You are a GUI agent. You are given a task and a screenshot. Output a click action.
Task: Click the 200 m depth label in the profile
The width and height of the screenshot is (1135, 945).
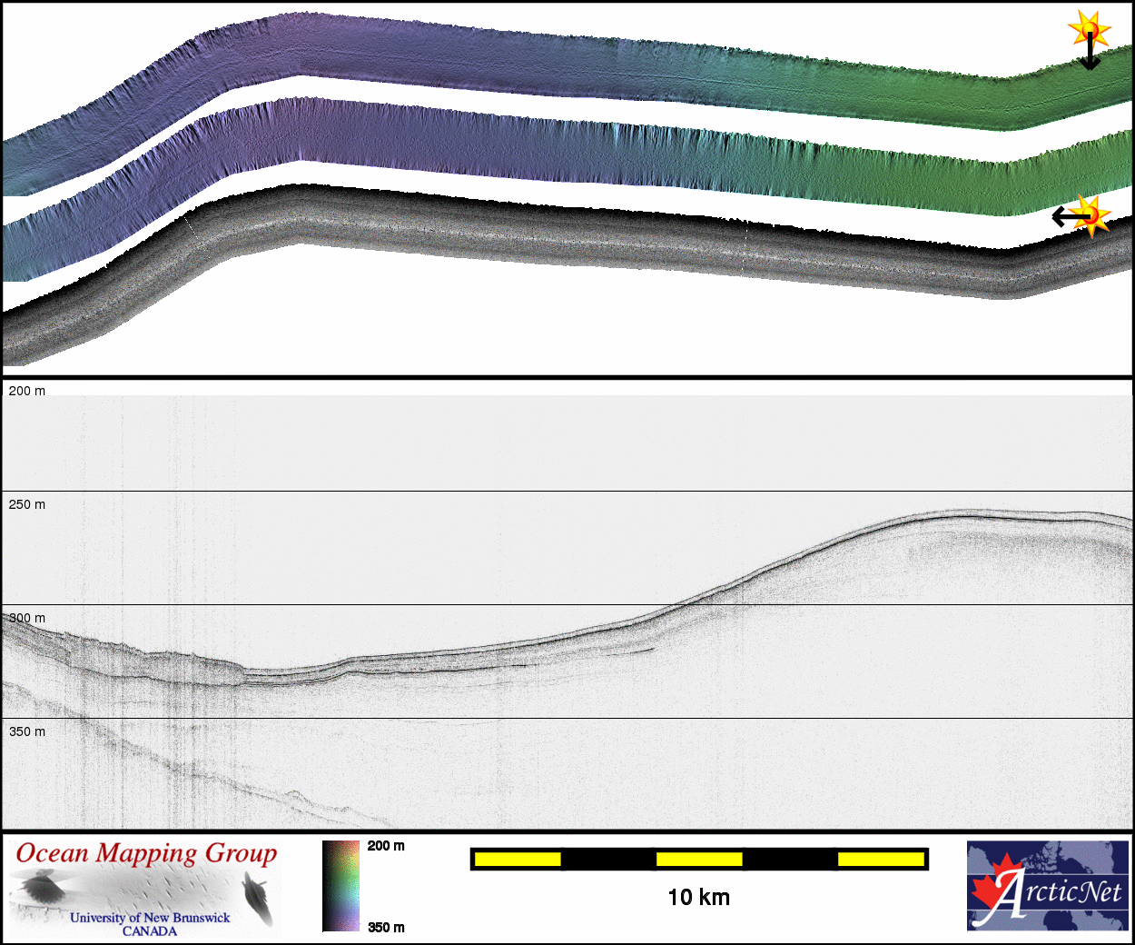tap(26, 391)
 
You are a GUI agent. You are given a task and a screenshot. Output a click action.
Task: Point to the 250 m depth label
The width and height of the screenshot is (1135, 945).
tap(26, 504)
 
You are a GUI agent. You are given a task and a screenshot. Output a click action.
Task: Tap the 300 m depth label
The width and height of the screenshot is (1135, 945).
tap(26, 618)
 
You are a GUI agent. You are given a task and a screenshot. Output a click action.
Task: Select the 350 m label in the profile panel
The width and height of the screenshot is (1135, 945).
tap(26, 731)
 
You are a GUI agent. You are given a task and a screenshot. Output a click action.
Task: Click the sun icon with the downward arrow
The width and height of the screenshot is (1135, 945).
tap(1089, 30)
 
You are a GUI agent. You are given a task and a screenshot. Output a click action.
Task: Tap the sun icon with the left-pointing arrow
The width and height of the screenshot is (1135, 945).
tap(1091, 216)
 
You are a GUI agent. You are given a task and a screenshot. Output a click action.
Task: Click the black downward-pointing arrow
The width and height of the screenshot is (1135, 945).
tap(1090, 55)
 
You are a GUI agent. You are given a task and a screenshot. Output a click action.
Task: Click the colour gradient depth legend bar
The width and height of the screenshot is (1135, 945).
tap(341, 886)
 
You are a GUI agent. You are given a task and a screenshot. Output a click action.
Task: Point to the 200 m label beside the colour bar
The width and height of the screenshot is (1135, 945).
tap(386, 846)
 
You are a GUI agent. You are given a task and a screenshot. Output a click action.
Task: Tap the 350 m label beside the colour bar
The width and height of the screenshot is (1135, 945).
tap(386, 927)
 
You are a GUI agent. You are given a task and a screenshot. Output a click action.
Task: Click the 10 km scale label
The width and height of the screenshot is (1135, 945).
tap(698, 898)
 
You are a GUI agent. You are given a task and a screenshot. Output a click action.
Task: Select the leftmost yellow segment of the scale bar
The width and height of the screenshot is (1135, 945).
tap(518, 859)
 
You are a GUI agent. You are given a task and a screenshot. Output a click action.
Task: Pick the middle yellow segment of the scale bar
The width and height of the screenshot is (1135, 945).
tap(699, 859)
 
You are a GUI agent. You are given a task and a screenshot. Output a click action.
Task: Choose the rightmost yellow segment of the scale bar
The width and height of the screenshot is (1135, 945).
tap(881, 859)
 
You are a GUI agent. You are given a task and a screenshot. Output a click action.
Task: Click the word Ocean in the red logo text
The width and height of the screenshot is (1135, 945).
tap(52, 853)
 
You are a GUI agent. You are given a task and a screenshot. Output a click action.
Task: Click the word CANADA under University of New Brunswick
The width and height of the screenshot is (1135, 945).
tap(150, 931)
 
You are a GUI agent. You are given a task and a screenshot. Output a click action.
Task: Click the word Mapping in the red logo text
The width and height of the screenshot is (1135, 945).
tap(146, 855)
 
